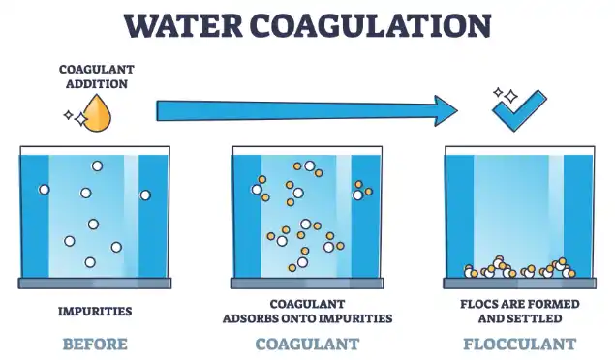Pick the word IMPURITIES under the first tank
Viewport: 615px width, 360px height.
coord(94,311)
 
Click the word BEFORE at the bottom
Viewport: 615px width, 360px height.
coord(94,344)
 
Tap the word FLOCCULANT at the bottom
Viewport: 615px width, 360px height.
coord(519,344)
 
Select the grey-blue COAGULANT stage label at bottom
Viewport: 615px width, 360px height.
coord(307,344)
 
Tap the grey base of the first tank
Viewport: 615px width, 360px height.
coord(94,284)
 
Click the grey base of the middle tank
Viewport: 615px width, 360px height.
coord(306,284)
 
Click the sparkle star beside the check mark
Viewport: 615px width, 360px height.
coord(497,94)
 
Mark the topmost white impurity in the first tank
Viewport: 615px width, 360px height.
coord(97,166)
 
